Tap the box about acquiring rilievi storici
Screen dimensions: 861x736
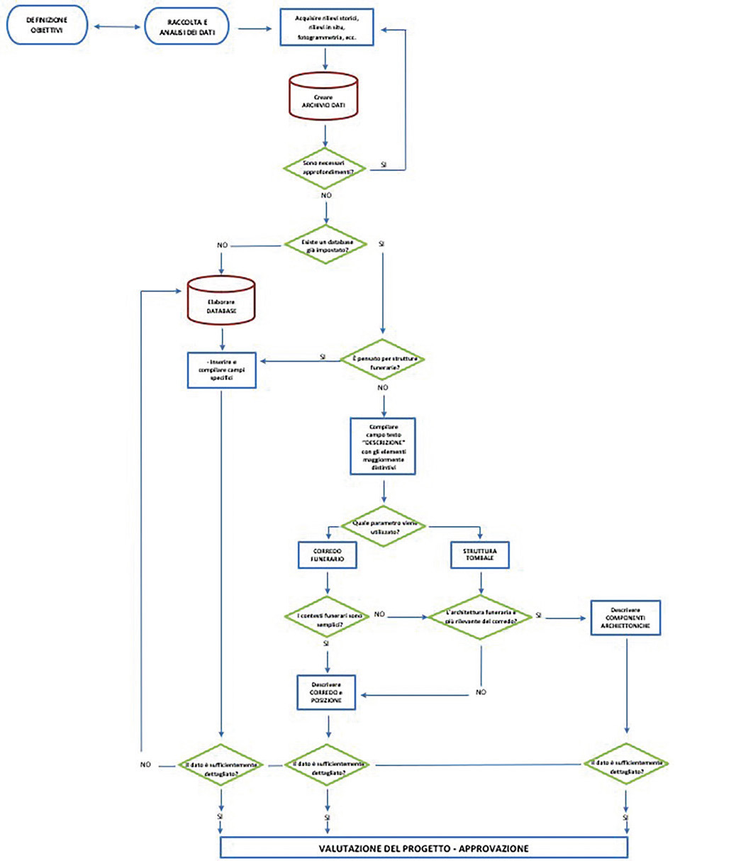(x=326, y=27)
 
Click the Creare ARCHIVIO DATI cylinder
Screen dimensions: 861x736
(x=325, y=99)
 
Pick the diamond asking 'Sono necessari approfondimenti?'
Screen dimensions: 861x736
(x=325, y=169)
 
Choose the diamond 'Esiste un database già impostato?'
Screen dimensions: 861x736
(x=325, y=245)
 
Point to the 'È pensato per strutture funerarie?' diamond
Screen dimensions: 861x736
(x=383, y=361)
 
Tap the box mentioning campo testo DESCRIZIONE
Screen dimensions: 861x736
(x=383, y=445)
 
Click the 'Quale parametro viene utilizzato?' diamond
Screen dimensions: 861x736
(x=383, y=526)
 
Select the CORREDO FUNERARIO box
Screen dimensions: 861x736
(x=326, y=555)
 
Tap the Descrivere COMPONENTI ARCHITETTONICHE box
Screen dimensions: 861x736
(x=625, y=618)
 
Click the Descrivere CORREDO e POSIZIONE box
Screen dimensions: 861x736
(x=326, y=691)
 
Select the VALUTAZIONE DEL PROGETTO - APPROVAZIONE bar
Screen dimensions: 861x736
(x=424, y=848)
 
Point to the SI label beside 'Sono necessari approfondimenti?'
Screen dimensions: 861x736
(x=384, y=164)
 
